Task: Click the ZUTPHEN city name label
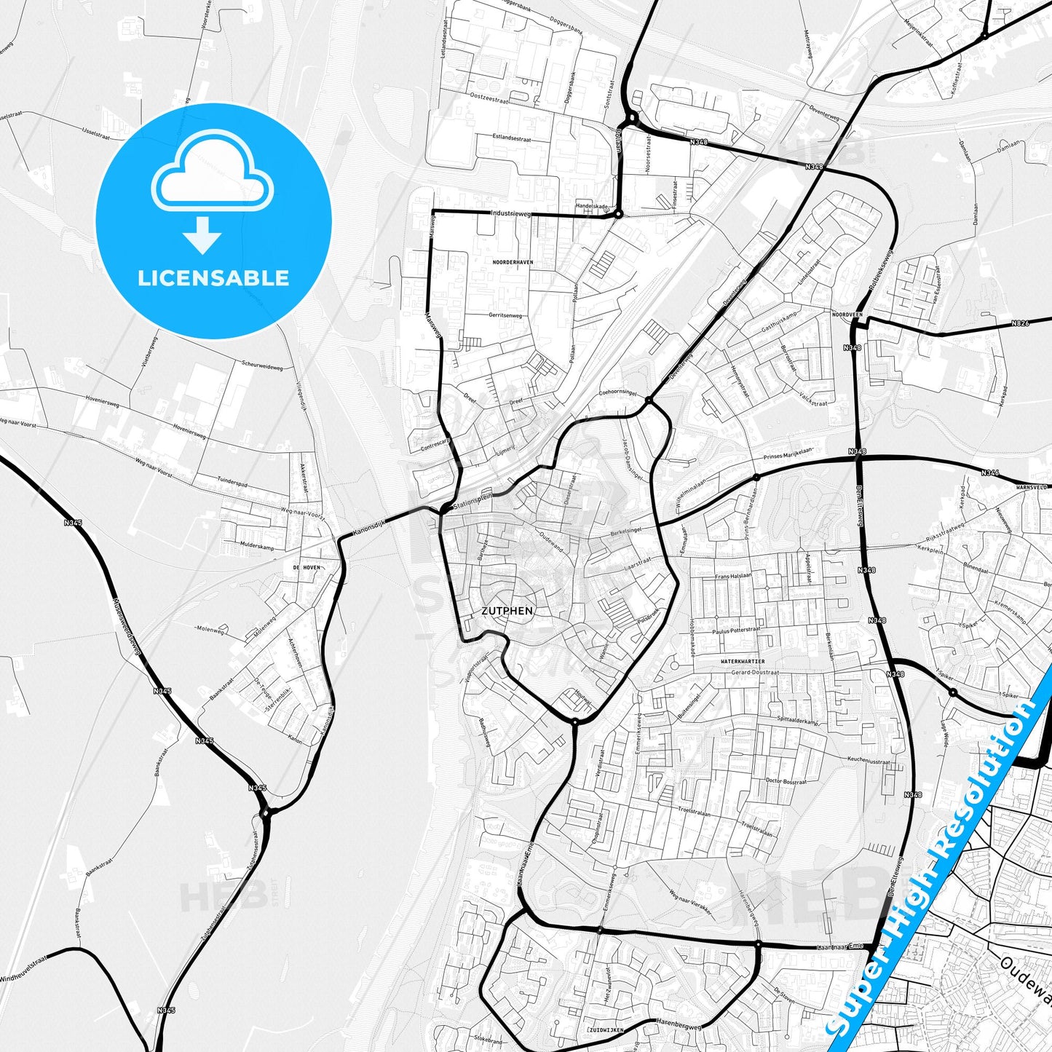coord(507,611)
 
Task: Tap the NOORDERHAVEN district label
coord(513,262)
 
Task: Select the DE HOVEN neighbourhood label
coord(306,567)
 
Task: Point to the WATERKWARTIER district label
coord(742,660)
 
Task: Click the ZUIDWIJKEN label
coord(604,1031)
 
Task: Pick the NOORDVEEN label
coord(847,315)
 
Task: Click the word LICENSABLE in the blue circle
coord(213,277)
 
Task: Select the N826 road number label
coord(1021,323)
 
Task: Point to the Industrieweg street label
coord(511,214)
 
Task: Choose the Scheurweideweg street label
coord(261,365)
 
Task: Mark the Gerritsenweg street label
coord(505,315)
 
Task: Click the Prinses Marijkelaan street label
coord(787,454)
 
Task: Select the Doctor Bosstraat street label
coord(786,781)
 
